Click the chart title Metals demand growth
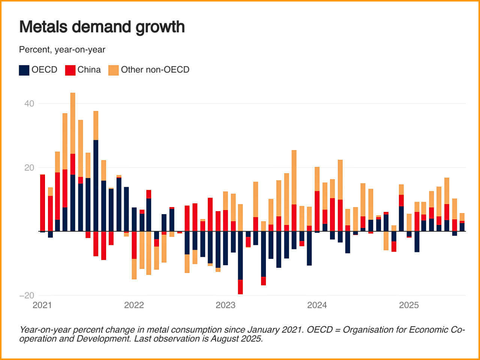click(x=102, y=27)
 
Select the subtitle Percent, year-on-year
click(x=62, y=49)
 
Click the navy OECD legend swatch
click(x=24, y=70)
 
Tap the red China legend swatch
click(x=70, y=70)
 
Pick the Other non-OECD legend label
click(x=155, y=70)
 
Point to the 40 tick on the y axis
click(x=29, y=103)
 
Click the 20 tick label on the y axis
click(x=29, y=168)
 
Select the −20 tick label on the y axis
click(x=27, y=295)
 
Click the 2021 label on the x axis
click(x=42, y=305)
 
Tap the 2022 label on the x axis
click(x=134, y=305)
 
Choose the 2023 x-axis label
click(x=225, y=305)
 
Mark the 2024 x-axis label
click(x=317, y=305)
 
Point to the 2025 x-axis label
click(x=409, y=305)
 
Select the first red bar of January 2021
click(x=42, y=202)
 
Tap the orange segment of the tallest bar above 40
click(x=73, y=123)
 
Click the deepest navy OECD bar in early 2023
click(x=240, y=255)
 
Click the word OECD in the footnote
click(x=319, y=330)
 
